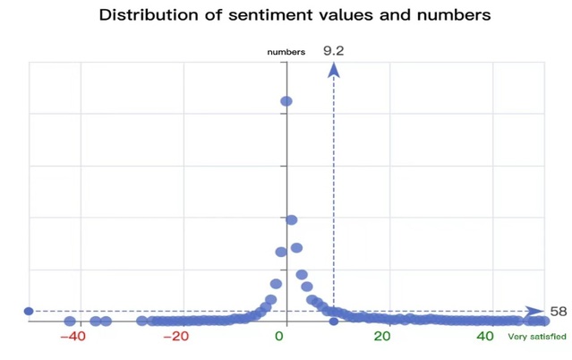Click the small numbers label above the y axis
[286, 52]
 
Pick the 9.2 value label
[333, 51]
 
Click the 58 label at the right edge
[559, 312]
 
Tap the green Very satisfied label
[537, 337]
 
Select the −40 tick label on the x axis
[72, 337]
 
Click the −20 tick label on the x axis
[175, 337]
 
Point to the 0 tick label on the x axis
[279, 337]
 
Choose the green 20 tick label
[382, 337]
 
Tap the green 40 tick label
[485, 337]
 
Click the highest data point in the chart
[286, 101]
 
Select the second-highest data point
[291, 220]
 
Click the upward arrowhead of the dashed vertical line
[334, 70]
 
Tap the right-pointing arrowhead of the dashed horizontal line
[535, 312]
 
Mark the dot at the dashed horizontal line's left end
[29, 312]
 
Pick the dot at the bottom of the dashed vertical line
[334, 321]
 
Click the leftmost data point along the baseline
[70, 321]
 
